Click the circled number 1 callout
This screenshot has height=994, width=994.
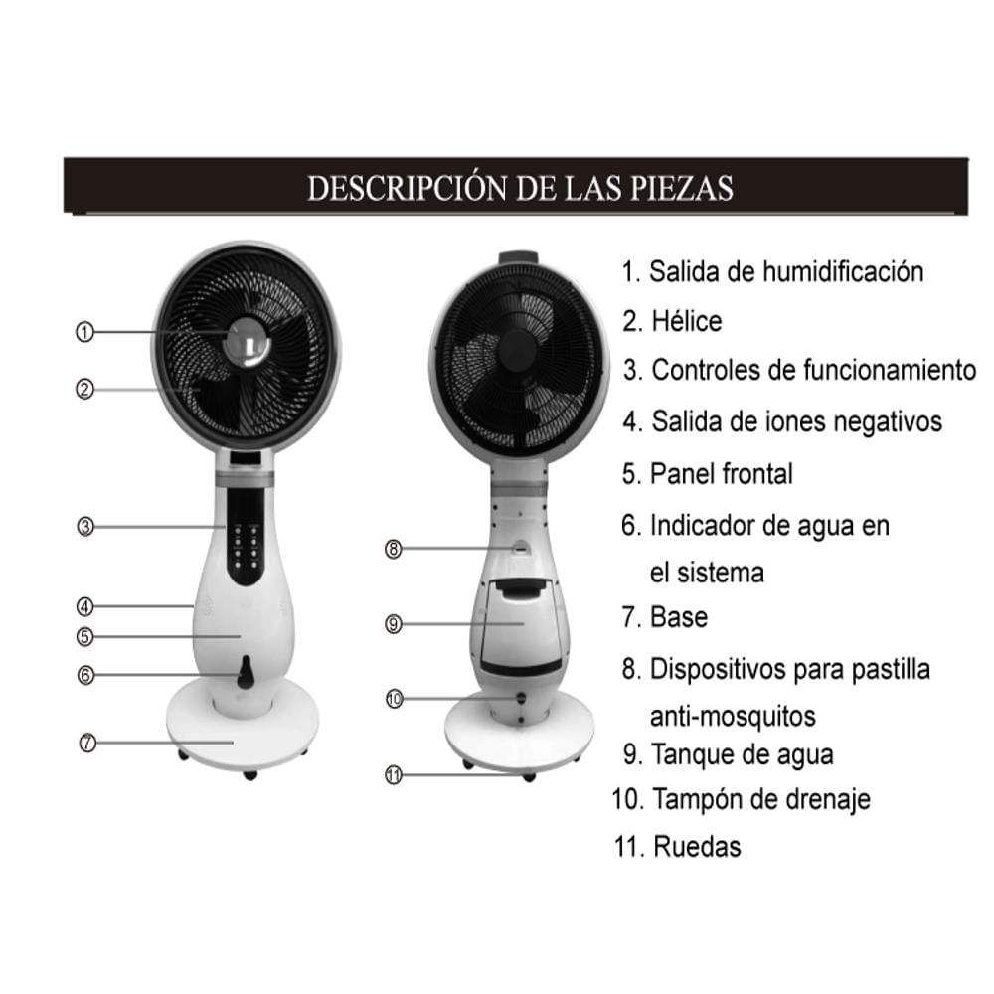coord(84,332)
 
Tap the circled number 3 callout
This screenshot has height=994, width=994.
coord(84,526)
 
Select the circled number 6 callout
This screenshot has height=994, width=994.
coord(84,675)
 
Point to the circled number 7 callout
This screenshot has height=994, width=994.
coord(87,743)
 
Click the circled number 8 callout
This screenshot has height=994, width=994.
coord(393,549)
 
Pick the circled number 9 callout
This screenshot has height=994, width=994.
coord(393,624)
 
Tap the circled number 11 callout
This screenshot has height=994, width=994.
coord(394,775)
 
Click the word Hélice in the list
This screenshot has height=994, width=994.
coord(687,321)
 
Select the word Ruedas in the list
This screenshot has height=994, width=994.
coord(697,846)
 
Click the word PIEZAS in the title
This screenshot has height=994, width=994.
coord(682,188)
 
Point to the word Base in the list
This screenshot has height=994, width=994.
coord(679,617)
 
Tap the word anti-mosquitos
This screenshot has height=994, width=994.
coord(733,717)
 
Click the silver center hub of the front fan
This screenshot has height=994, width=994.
coord(248,342)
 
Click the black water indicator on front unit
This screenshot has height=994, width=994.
coord(245,673)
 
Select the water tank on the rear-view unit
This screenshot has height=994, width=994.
coord(521,625)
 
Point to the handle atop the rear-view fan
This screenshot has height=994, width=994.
coord(519,258)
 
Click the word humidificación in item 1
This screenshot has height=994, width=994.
coord(843,272)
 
